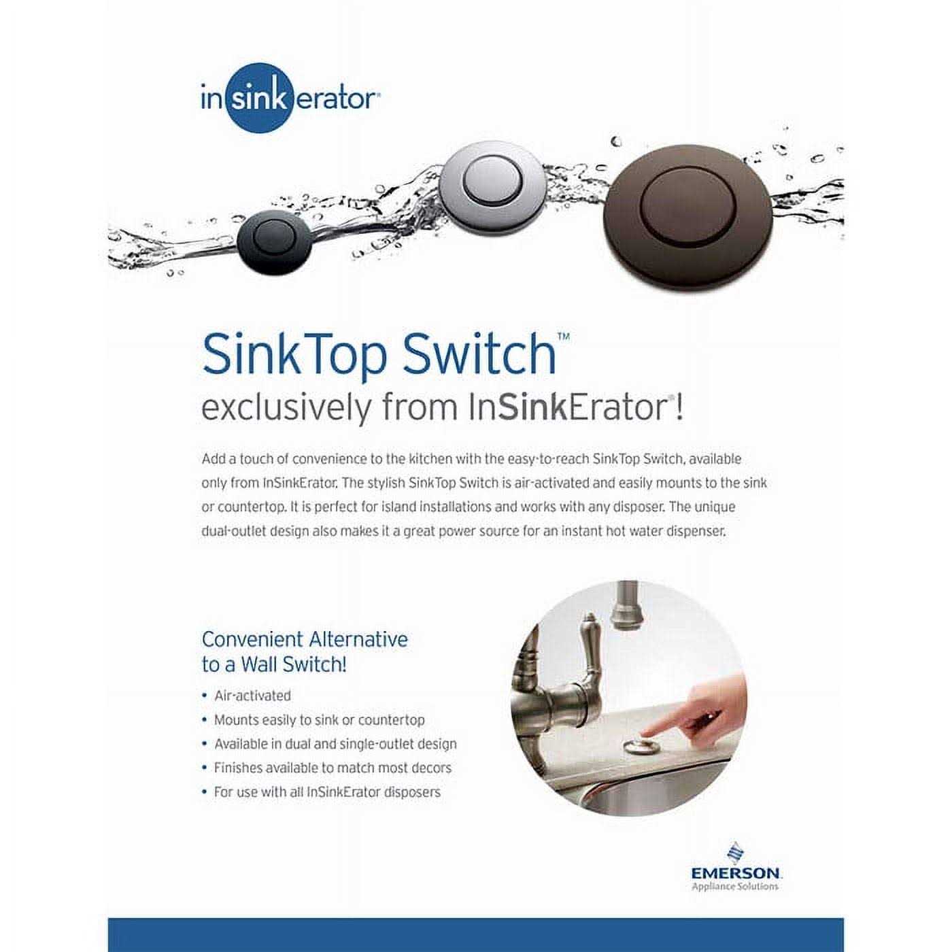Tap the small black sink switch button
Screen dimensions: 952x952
click(x=273, y=241)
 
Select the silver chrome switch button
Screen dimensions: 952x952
click(x=492, y=183)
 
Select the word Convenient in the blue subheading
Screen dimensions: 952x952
click(x=252, y=639)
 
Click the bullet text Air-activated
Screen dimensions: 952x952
click(x=252, y=696)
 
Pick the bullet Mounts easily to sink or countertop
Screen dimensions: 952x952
click(x=319, y=719)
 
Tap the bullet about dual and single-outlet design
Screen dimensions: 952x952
click(x=335, y=744)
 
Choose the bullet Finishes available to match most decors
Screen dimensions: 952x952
click(x=333, y=768)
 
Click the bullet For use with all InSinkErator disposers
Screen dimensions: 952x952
click(x=327, y=792)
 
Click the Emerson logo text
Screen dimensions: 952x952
click(x=736, y=872)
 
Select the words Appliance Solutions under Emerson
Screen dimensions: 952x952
click(x=735, y=886)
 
